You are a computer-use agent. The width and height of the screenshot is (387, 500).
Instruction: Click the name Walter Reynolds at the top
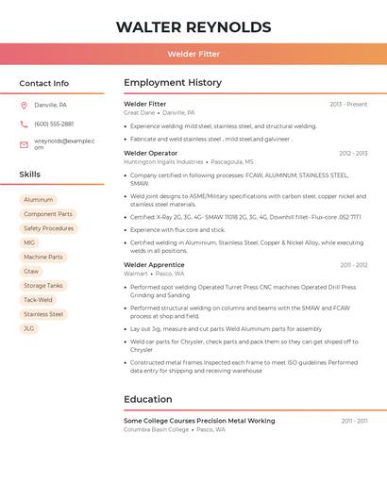[x=193, y=27]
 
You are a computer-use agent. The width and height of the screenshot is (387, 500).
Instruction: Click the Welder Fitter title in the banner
[x=193, y=54]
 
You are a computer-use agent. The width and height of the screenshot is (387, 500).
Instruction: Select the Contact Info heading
[x=43, y=83]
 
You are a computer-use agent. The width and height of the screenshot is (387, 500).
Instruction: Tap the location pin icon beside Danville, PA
[x=24, y=105]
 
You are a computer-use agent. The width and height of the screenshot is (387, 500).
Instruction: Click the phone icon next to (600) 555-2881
[x=24, y=124]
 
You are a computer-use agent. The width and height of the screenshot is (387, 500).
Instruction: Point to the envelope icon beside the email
[x=24, y=144]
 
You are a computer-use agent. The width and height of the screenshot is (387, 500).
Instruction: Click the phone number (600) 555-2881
[x=54, y=124]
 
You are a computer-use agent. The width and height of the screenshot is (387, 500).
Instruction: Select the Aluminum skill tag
[x=39, y=200]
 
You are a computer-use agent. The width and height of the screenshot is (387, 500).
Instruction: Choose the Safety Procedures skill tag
[x=48, y=228]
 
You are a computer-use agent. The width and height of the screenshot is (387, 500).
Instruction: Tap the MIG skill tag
[x=29, y=242]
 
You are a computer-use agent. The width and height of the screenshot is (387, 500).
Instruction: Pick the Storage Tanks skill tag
[x=43, y=286]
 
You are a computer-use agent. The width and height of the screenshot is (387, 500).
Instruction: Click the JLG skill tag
[x=29, y=328]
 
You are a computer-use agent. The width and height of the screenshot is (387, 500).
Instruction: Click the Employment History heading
[x=173, y=83]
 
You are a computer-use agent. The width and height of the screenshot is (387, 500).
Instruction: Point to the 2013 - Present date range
[x=348, y=104]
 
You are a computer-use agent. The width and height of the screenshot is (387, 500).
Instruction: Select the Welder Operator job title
[x=150, y=153]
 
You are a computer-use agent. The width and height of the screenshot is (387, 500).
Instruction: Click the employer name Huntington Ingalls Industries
[x=163, y=161]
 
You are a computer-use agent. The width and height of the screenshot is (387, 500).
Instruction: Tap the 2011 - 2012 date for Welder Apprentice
[x=354, y=265]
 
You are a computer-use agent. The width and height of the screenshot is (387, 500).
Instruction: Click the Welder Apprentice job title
[x=154, y=265]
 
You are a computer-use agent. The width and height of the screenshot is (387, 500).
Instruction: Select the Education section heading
[x=147, y=399]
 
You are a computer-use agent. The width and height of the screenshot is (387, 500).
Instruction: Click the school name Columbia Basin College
[x=157, y=429]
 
